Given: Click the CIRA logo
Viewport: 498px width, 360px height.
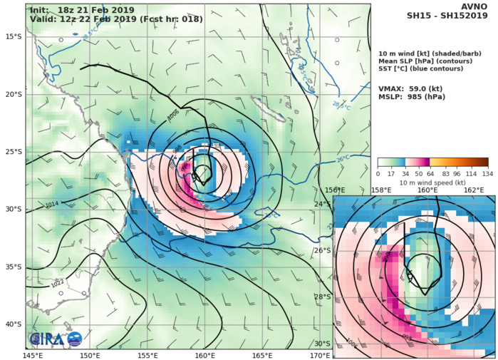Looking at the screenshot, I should pyautogui.click(x=56, y=339).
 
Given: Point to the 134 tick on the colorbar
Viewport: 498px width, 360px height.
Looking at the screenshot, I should pyautogui.click(x=487, y=173).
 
